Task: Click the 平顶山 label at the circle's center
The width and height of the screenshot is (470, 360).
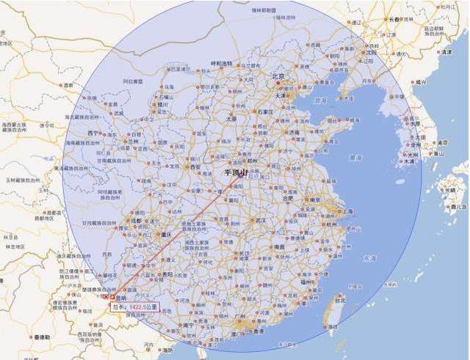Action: (x=236, y=173)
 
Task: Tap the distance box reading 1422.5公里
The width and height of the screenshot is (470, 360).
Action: (x=134, y=306)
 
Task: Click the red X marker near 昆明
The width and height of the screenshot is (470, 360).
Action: (x=108, y=297)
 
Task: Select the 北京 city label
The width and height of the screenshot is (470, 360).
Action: (x=278, y=76)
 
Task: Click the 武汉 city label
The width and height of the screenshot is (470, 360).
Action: (x=261, y=219)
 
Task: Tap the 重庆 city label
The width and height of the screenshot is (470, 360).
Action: (x=168, y=235)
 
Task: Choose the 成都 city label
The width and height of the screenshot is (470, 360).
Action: (x=135, y=220)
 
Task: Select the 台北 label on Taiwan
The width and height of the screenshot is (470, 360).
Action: (x=339, y=300)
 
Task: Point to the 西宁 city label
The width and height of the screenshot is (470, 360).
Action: (x=93, y=133)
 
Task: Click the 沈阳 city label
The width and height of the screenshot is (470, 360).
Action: (x=372, y=53)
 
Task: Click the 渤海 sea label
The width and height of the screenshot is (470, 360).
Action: (x=321, y=100)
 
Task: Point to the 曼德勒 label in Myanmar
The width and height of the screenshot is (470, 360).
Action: (x=42, y=337)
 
